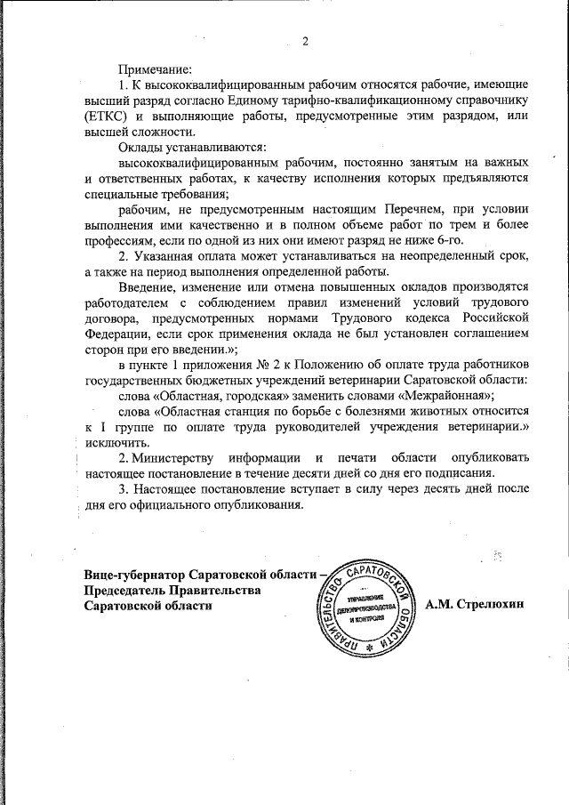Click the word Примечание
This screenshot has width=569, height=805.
(155, 68)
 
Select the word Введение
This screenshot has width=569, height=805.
(149, 286)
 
